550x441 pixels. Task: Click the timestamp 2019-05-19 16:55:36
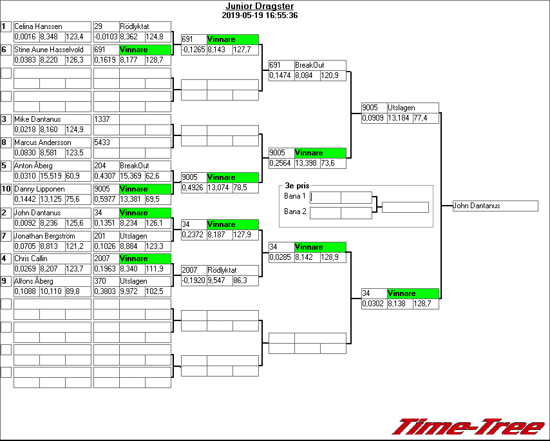(259, 15)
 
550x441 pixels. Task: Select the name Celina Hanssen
(38, 26)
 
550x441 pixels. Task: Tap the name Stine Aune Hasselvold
(49, 50)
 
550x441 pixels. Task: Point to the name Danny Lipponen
(39, 189)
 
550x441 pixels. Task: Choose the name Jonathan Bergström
(44, 236)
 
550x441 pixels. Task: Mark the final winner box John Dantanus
(495, 206)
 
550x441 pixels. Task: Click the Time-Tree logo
(468, 426)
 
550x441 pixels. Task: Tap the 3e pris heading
(297, 185)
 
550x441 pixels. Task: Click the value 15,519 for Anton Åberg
(52, 175)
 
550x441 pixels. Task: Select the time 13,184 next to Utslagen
(399, 119)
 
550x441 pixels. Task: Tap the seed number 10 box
(6, 189)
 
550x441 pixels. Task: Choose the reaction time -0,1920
(193, 281)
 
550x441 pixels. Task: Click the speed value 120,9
(333, 76)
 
